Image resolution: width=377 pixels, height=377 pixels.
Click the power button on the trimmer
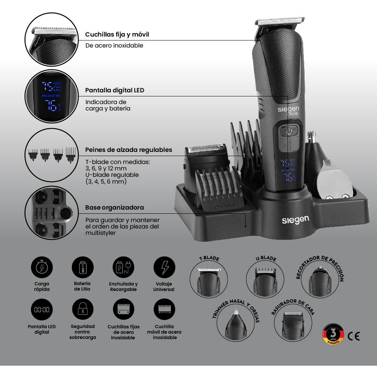(289, 131)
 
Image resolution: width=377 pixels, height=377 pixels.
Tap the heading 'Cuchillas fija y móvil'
(117, 34)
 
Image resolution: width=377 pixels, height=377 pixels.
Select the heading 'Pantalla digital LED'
(115, 90)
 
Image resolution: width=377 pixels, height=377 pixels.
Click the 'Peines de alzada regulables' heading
(129, 150)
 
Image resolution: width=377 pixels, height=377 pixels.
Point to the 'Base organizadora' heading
(114, 207)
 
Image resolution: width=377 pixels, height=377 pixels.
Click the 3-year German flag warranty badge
(333, 334)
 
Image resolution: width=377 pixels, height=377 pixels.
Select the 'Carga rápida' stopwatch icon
(41, 268)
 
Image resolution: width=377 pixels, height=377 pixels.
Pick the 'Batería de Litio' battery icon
(82, 268)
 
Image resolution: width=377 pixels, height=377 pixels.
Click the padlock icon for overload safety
(82, 310)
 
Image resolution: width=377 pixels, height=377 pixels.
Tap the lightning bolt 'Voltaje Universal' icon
(164, 268)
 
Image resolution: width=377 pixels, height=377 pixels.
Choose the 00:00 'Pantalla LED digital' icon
(41, 310)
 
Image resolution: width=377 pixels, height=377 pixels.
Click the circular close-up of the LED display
(51, 97)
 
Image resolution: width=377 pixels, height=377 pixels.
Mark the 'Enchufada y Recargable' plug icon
(123, 268)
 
